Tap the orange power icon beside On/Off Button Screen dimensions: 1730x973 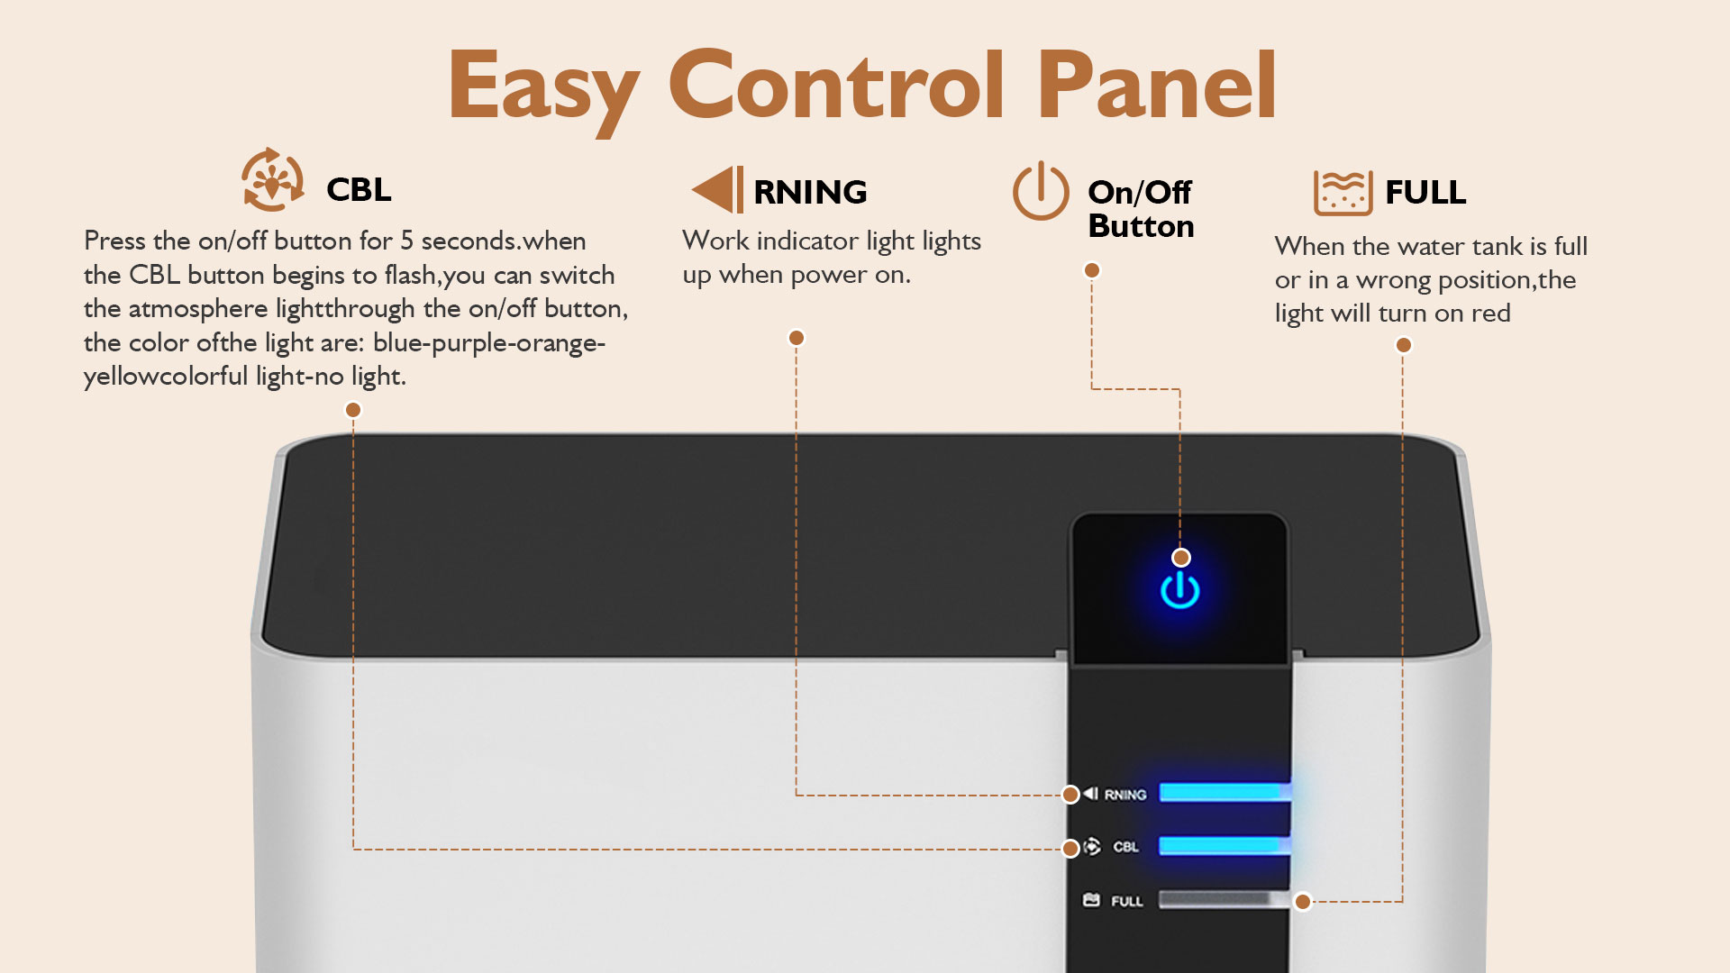(x=1041, y=191)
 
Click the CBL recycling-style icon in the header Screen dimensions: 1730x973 (x=272, y=179)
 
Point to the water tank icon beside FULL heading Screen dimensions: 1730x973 (x=1343, y=192)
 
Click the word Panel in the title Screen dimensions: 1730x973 (x=1157, y=85)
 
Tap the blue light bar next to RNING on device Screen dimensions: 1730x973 (x=1225, y=792)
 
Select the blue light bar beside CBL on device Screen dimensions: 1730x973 (x=1225, y=845)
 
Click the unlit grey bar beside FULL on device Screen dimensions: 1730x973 (x=1225, y=899)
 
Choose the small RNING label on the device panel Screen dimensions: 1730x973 (x=1125, y=795)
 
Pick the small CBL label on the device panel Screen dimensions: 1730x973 (x=1126, y=847)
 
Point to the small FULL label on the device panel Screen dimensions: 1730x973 (x=1127, y=901)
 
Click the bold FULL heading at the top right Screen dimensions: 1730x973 (x=1425, y=192)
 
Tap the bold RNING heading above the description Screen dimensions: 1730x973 (x=810, y=192)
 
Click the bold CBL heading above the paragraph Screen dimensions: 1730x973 (x=359, y=189)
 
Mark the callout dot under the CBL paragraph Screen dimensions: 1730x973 (x=353, y=410)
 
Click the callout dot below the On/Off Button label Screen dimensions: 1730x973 (x=1092, y=270)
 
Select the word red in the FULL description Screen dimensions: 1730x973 (x=1491, y=314)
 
